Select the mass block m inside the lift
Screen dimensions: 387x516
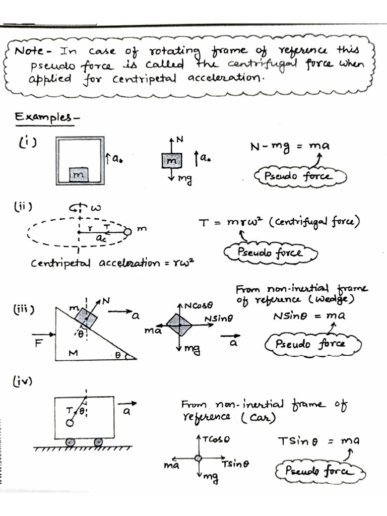pos(79,174)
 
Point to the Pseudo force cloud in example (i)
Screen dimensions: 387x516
pos(300,176)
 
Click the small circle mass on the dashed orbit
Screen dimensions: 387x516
pos(127,232)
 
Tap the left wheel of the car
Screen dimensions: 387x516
pos(71,442)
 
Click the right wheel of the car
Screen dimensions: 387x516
pos(99,442)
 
